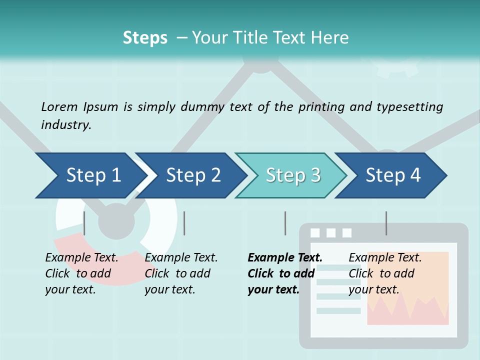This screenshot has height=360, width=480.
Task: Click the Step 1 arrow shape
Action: (90, 175)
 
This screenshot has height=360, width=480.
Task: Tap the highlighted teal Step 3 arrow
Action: (292, 175)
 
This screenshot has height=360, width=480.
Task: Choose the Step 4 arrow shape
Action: (392, 175)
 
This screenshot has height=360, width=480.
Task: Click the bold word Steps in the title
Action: (145, 38)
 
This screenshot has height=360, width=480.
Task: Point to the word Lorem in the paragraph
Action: (59, 106)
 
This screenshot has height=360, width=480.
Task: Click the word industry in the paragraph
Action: (66, 124)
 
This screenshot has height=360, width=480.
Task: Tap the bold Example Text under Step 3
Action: (285, 258)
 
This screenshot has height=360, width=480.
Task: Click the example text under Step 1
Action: (81, 273)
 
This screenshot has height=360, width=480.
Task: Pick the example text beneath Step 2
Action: (181, 273)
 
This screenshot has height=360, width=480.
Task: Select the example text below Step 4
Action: (385, 273)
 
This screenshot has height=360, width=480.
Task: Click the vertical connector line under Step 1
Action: (84, 223)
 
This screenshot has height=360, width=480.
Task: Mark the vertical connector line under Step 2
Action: (184, 223)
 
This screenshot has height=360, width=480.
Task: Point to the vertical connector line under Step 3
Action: (285, 223)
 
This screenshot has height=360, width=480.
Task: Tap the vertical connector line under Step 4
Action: (386, 223)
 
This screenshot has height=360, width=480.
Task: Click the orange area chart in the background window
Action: (407, 300)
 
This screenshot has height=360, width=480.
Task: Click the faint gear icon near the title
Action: (397, 67)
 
